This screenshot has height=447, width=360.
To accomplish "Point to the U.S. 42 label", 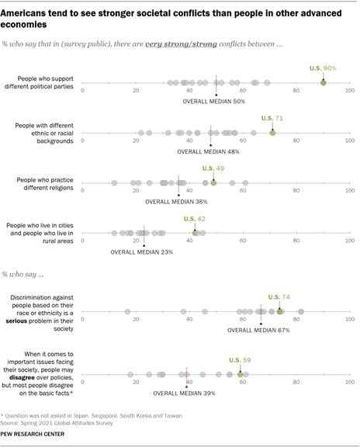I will [x=195, y=218].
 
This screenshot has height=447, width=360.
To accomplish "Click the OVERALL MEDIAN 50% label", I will [x=213, y=101].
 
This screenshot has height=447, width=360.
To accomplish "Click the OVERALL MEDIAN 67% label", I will [x=258, y=330].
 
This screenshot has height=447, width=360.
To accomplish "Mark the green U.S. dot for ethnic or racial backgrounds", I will [x=272, y=133].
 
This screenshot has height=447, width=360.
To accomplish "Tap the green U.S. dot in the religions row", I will [x=213, y=182].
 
